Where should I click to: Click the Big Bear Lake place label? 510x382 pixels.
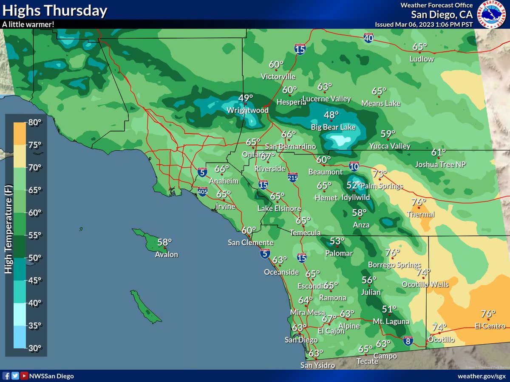[x=333, y=127]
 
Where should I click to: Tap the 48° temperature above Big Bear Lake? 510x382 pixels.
[x=331, y=115]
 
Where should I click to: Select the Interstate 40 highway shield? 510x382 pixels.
[x=369, y=38]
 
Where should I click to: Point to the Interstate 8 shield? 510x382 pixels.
[x=408, y=340]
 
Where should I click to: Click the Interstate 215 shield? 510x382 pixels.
[x=292, y=177]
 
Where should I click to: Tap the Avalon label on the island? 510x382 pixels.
[x=166, y=255]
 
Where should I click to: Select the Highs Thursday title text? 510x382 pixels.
[x=54, y=11]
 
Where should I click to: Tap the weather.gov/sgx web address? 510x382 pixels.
[x=482, y=376]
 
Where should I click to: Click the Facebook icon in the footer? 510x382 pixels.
[x=6, y=376]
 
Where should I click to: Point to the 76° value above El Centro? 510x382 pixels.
[x=488, y=314]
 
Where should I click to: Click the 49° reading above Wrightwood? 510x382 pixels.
[x=246, y=98]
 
